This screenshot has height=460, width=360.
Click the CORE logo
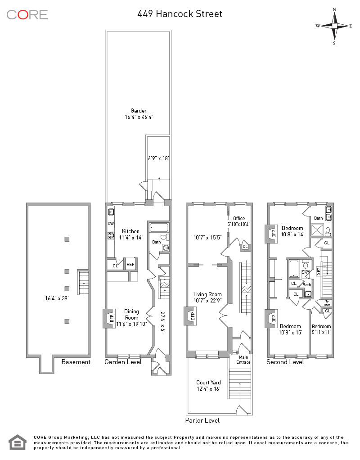click(27, 14)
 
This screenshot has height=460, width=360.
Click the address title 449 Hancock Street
click(180, 14)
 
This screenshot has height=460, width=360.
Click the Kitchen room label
click(130, 231)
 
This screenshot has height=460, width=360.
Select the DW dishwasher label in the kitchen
click(110, 223)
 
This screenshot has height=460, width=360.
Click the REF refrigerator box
click(130, 265)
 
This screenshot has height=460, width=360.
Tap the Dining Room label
click(131, 315)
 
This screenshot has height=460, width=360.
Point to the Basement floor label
click(76, 362)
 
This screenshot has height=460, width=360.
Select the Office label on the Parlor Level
click(239, 218)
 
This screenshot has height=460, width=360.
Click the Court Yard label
click(208, 383)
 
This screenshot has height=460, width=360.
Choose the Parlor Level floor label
click(202, 420)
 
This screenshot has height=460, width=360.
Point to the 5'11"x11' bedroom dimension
click(321, 333)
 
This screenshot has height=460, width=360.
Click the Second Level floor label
click(285, 362)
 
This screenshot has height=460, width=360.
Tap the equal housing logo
click(18, 442)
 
